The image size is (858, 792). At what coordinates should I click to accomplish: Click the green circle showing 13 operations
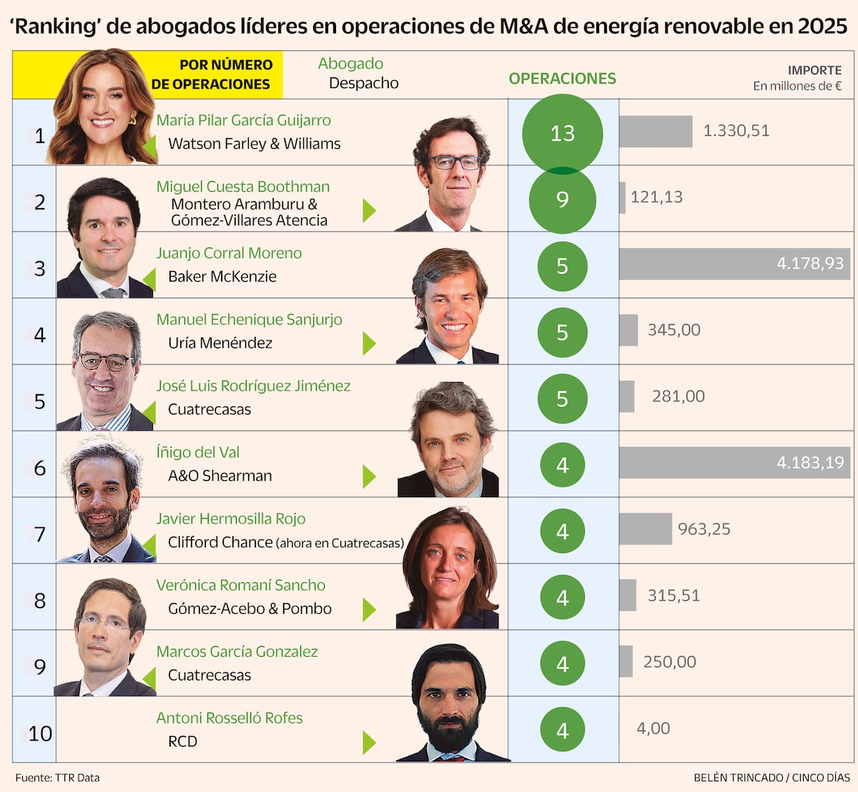click(x=562, y=133)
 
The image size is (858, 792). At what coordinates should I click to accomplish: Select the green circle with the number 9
click(x=562, y=200)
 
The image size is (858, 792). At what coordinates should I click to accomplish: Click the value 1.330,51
click(x=736, y=131)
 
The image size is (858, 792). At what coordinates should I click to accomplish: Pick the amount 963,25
click(x=704, y=529)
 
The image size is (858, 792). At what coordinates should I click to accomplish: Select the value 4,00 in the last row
click(x=653, y=728)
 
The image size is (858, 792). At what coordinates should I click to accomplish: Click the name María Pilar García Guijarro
click(x=243, y=120)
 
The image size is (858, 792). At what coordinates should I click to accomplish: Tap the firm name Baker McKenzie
click(x=222, y=277)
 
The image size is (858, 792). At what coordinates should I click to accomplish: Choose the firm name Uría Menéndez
click(x=220, y=343)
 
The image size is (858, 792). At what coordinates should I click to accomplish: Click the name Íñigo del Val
click(x=197, y=452)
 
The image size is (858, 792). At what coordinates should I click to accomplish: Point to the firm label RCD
click(x=182, y=742)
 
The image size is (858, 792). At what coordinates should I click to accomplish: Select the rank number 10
click(x=40, y=733)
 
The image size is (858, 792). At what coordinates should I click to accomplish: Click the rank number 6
click(x=40, y=468)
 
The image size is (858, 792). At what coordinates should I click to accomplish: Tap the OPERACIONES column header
click(x=562, y=79)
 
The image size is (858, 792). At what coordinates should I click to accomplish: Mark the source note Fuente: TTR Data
click(x=57, y=778)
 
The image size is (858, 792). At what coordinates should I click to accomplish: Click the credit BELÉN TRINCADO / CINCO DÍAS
click(x=771, y=778)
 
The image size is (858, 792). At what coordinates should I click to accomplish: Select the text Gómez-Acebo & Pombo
click(x=250, y=609)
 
